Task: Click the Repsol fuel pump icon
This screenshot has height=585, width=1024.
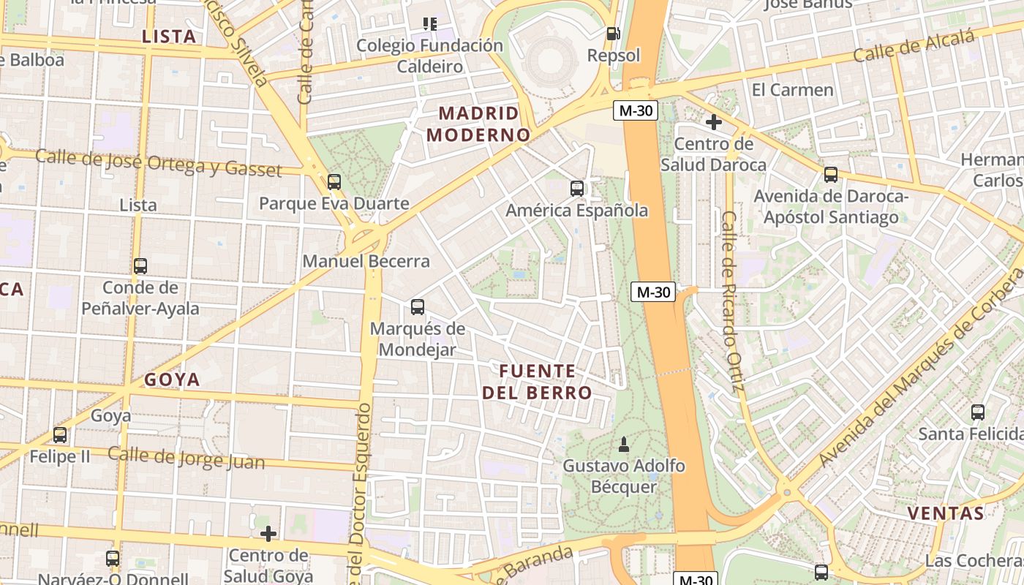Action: pos(613,34)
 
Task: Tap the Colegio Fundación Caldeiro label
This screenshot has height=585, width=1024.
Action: pos(429,56)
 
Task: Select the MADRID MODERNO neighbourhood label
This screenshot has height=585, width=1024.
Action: pos(478,124)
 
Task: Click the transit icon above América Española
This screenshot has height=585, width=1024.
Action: pos(577,189)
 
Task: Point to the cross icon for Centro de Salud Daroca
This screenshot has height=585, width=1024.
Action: pos(714,122)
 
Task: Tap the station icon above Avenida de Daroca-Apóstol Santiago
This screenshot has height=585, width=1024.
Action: pos(831,175)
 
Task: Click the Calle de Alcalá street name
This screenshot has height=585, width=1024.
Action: pos(914,45)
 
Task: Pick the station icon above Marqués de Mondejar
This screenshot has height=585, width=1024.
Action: pos(418,307)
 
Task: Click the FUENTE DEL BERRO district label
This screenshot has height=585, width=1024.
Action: pos(537,382)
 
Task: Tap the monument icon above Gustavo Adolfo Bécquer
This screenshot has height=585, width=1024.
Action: pos(624,444)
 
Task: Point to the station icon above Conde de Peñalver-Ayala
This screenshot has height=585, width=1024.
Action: pos(140,266)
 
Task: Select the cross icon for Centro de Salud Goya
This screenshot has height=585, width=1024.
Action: pos(268,534)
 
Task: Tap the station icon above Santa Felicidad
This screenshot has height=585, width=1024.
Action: pos(978,412)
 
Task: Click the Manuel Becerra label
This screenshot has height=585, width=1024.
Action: pos(366,261)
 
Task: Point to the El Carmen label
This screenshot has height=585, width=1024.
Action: pos(792,90)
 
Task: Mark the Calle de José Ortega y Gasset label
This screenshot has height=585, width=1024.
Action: pos(158,162)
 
